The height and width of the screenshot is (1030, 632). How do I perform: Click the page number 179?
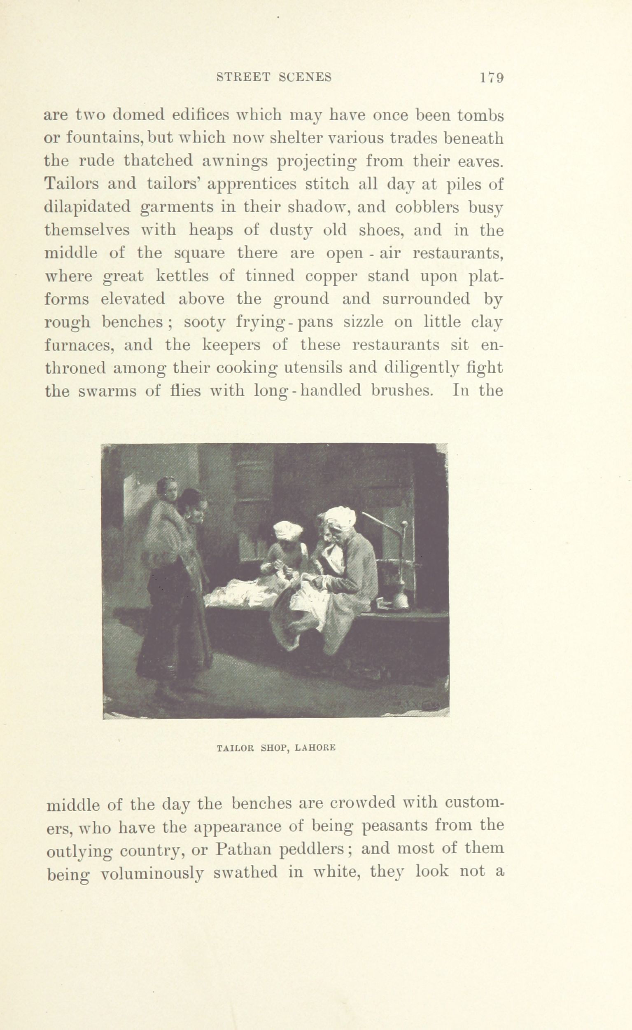(x=492, y=78)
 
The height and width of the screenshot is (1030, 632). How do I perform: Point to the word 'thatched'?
(x=160, y=161)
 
